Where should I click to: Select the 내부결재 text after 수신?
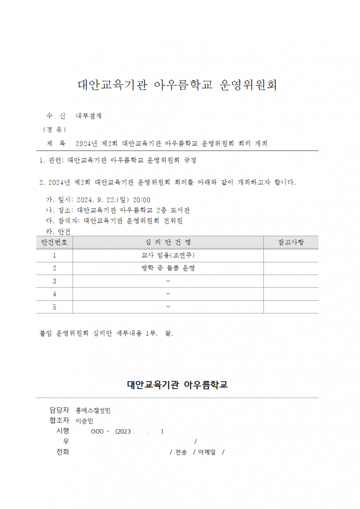tap(89, 116)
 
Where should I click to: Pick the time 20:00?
tap(141, 200)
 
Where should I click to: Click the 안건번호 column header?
tap(54, 242)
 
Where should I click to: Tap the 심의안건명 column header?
tap(168, 242)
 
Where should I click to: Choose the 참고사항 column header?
tap(291, 242)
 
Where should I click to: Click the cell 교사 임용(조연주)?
tap(168, 255)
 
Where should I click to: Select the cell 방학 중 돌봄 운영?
tap(168, 268)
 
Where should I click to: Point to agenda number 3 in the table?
tap(54, 281)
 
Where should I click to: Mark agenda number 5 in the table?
tap(54, 307)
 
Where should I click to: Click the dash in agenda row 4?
tap(168, 294)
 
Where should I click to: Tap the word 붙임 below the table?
tap(46, 333)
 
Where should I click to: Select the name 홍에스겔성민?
tap(93, 410)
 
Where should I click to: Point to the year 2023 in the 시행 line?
tap(124, 431)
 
